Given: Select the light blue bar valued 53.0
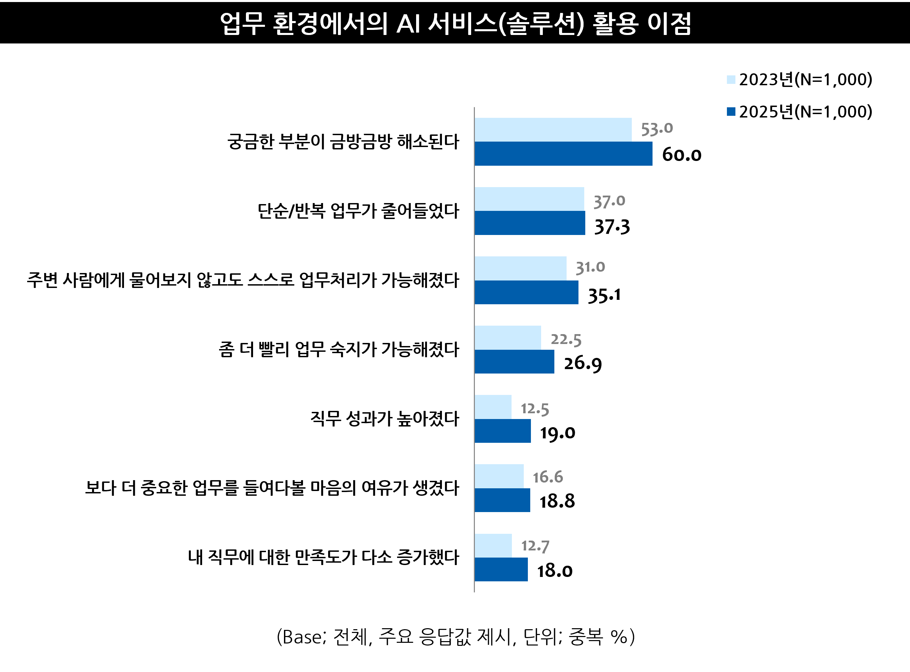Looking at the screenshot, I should pos(553,130).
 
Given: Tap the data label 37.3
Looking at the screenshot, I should pos(612,227).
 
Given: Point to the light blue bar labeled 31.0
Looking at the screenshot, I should pos(520,269).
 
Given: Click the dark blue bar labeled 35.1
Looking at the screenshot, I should pos(527,292).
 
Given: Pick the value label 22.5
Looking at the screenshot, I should pos(566,340).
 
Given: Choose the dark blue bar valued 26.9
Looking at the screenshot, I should pos(514,362).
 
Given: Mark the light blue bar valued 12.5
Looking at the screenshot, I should pos(493,407).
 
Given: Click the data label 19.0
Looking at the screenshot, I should pos(557,433).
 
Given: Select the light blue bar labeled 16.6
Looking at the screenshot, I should pos(499,476).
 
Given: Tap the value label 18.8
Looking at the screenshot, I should pos(557,501).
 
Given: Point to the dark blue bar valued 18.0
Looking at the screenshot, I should pos(501,569).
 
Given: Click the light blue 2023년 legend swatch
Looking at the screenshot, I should pos(731,80).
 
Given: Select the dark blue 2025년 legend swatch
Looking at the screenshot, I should pos(731,111).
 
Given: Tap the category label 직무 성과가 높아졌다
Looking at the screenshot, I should pos(385,419).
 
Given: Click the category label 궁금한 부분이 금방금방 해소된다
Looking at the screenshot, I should pos(343,142).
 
